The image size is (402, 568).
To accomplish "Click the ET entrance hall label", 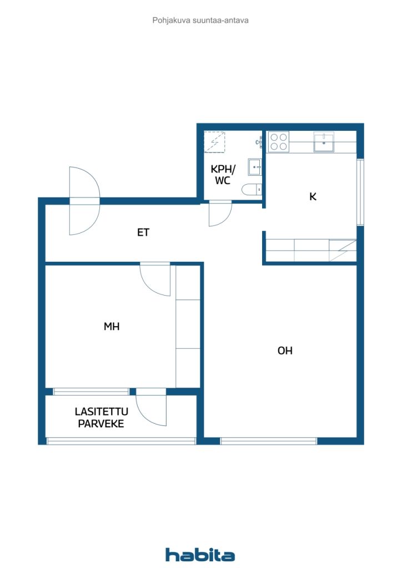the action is [x=143, y=232].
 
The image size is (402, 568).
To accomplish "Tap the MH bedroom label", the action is [x=112, y=326].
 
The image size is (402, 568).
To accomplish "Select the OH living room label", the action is [x=285, y=351].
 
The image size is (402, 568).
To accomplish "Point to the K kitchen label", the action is [x=313, y=197].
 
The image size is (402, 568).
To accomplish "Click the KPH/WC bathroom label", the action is [x=223, y=175].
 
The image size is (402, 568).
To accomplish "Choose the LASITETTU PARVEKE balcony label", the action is [x=101, y=418].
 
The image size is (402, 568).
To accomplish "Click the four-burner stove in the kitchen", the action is [x=278, y=141].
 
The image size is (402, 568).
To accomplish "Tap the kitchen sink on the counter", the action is [x=324, y=142].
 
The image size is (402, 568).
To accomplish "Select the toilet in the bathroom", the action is [x=252, y=190].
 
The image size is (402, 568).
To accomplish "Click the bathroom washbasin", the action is [x=255, y=167].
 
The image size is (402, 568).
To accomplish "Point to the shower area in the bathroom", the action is [x=214, y=143].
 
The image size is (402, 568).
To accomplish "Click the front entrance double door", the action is [x=84, y=201].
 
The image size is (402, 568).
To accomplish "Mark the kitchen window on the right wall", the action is [x=360, y=192].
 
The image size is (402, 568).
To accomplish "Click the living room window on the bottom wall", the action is [x=269, y=441].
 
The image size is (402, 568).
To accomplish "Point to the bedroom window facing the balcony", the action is [x=91, y=392].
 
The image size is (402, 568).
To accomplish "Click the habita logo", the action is [x=200, y=555].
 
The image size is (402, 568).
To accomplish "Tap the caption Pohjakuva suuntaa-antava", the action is [x=200, y=21].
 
